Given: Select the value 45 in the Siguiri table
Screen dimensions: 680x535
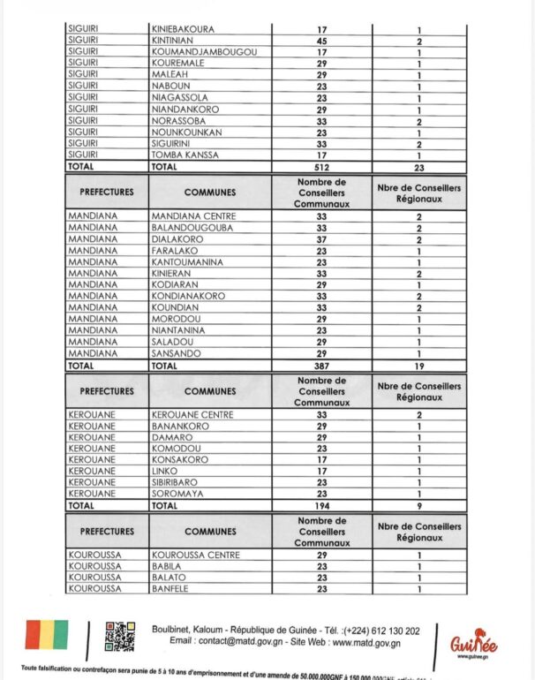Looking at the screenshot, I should pos(322,41).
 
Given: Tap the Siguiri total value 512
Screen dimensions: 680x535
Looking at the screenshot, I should pos(322,165).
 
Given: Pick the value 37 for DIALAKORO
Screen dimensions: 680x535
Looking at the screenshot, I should pos(322,238).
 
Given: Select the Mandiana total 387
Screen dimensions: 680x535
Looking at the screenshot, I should pos(322,364).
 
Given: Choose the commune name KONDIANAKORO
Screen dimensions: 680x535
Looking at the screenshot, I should pos(189,296).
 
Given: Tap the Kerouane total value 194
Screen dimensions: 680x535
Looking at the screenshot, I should pos(322,505).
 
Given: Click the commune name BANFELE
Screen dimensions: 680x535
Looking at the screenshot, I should pos(171,589).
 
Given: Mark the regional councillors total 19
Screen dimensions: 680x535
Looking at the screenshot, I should pos(418,364).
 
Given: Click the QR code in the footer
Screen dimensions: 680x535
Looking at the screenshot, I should pos(120,635).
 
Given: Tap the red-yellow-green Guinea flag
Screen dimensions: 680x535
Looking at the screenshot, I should pos(46,636).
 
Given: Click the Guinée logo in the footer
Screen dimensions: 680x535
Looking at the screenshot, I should pos(473,643).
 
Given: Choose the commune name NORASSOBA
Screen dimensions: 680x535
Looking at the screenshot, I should pos(176,120).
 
